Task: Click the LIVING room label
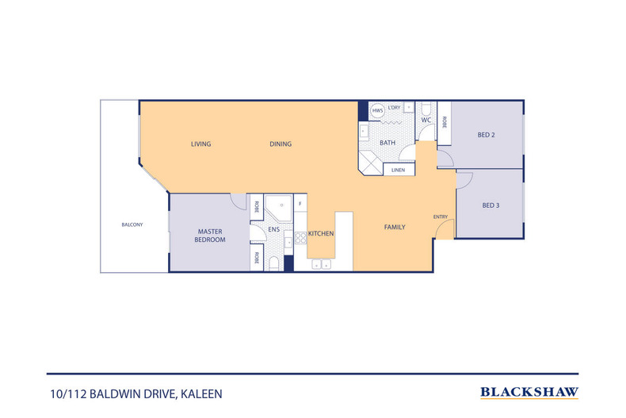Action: (201, 144)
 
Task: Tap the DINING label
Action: (281, 144)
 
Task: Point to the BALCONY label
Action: (132, 224)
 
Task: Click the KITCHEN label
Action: (321, 234)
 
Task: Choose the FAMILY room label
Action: (395, 228)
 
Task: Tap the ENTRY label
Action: (441, 217)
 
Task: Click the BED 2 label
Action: (486, 135)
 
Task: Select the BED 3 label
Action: (491, 205)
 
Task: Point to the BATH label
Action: (387, 143)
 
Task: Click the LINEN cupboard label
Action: (398, 170)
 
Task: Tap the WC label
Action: (426, 121)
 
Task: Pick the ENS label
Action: (274, 230)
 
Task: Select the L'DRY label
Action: (395, 107)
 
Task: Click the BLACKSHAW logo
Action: (529, 392)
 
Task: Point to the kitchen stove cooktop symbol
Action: (300, 236)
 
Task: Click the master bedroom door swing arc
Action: (237, 201)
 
